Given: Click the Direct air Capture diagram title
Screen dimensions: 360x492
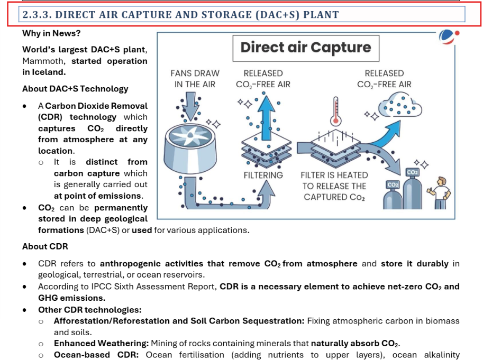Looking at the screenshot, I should click(306, 48).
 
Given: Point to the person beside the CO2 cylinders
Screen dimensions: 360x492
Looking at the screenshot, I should click(441, 190).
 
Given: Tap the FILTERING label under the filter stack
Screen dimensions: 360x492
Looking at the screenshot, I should click(263, 175).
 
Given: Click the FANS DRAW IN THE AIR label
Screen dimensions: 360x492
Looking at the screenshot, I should click(195, 79).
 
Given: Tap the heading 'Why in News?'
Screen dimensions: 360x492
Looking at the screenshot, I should click(51, 33).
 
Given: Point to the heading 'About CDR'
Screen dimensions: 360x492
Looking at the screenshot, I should click(45, 246).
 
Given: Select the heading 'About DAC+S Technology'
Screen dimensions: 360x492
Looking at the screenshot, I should click(75, 89).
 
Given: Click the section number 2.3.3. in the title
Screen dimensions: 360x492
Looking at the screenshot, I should click(36, 15).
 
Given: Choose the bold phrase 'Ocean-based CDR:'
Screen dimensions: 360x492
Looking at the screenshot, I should click(96, 355).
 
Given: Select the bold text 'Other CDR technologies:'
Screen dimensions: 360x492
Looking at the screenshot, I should click(89, 310).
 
